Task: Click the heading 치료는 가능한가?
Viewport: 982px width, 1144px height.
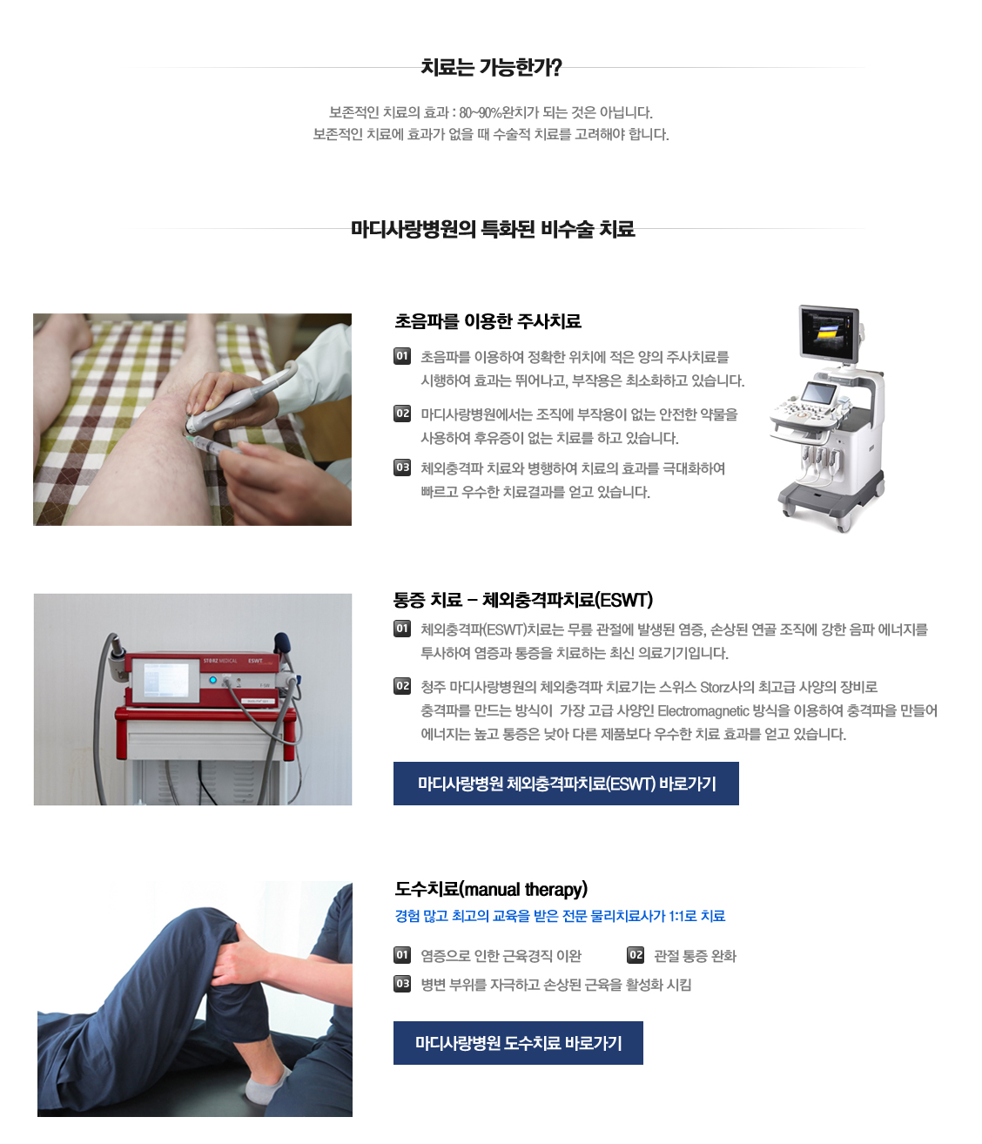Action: tap(491, 67)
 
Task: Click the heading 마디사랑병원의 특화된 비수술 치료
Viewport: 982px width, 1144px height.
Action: tap(493, 229)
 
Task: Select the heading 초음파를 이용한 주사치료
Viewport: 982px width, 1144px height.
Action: tap(488, 321)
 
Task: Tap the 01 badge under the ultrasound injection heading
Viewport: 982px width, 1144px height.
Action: tap(402, 356)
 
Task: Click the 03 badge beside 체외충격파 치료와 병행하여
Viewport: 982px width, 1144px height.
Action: tap(402, 468)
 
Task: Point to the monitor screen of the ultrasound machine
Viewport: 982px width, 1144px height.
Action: tap(828, 333)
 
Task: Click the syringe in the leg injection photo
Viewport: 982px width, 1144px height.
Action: tap(213, 445)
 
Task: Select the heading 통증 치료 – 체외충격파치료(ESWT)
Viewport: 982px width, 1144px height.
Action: tap(522, 600)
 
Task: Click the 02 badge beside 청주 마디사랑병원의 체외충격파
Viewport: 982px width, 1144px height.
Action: tap(402, 686)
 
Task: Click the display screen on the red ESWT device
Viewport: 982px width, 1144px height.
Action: tap(165, 679)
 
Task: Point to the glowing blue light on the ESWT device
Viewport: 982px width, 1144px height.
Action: tap(212, 680)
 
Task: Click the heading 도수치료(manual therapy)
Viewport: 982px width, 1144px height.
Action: tap(491, 889)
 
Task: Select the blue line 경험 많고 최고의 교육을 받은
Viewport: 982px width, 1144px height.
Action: tap(560, 916)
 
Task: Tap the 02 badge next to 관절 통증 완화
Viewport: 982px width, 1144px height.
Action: tap(636, 955)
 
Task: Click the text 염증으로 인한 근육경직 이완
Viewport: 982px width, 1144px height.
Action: tap(501, 956)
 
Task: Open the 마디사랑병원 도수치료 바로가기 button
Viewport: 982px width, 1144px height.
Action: tap(518, 1043)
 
